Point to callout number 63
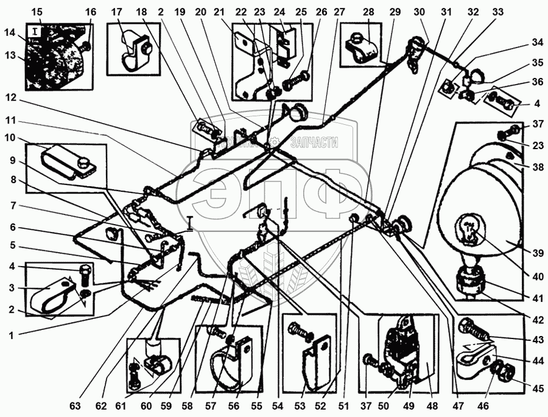coord(76,405)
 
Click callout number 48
coord(432,405)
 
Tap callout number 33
coord(499,12)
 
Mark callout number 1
coord(12,334)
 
